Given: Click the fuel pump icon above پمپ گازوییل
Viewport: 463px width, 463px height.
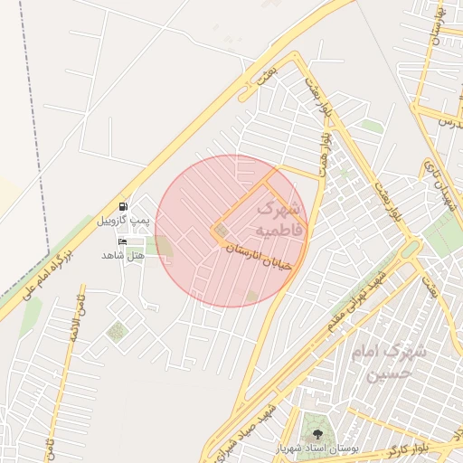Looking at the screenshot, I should point(124,206).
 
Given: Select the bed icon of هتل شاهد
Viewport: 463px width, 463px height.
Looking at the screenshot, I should point(123,241).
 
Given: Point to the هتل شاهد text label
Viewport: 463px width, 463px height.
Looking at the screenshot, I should point(124,256).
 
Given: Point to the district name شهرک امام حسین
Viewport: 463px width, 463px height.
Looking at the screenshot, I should point(381,361).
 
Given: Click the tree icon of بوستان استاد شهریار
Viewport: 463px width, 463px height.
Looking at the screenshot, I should point(317,434).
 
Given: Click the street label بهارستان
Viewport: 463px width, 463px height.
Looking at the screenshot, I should point(437,27).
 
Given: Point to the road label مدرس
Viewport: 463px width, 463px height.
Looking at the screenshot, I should point(450,121).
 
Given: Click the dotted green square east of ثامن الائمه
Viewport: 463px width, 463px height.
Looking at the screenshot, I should point(116,332).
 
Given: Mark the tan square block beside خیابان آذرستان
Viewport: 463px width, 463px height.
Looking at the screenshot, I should point(222,231).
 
